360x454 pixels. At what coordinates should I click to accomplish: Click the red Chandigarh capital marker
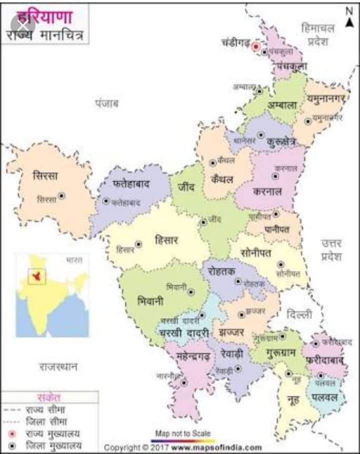(256, 46)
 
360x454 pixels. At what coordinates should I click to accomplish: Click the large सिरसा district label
(45, 176)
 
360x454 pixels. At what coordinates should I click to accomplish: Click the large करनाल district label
(267, 191)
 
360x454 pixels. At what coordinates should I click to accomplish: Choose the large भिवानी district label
(150, 301)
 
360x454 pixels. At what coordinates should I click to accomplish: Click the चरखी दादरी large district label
(184, 331)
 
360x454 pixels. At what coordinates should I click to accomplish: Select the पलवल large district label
(325, 398)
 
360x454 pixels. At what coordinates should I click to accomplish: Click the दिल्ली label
(299, 315)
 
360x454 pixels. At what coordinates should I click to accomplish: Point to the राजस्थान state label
(58, 367)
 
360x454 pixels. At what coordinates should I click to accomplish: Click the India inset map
(52, 295)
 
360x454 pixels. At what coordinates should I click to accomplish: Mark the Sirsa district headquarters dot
(61, 196)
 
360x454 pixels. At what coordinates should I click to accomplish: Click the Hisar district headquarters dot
(138, 244)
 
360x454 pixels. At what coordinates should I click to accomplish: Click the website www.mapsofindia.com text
(216, 447)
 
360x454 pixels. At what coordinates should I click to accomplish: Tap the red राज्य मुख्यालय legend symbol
(12, 434)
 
